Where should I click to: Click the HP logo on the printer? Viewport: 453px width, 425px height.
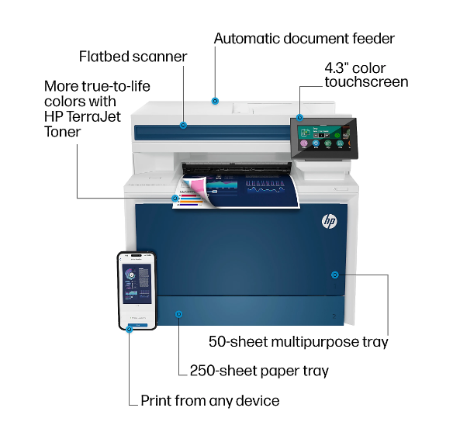330,221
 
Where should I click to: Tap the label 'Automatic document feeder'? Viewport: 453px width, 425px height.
304,39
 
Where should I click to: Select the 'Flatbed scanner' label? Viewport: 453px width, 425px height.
133,57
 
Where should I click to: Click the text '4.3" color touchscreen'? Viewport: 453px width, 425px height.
366,75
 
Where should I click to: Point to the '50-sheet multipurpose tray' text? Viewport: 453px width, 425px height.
299,342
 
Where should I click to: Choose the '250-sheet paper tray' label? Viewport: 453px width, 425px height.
259,371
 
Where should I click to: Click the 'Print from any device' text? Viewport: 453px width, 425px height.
210,401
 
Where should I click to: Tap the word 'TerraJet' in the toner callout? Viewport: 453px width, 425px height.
93,117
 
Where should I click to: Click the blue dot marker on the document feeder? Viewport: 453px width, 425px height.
215,101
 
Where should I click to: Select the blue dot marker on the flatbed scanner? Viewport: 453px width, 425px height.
183,126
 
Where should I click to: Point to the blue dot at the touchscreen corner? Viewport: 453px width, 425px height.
300,118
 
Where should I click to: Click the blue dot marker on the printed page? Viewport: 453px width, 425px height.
175,199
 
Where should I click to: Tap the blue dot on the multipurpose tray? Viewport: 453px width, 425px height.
335,275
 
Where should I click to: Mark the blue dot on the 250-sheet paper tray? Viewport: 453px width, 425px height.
179,314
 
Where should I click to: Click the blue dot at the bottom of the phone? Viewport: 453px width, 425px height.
130,329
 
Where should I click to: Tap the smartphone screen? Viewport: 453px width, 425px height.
137,290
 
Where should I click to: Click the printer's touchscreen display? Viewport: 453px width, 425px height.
324,138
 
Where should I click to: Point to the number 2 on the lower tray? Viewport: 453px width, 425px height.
334,316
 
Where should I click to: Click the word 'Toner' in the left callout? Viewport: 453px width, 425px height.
62,132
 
